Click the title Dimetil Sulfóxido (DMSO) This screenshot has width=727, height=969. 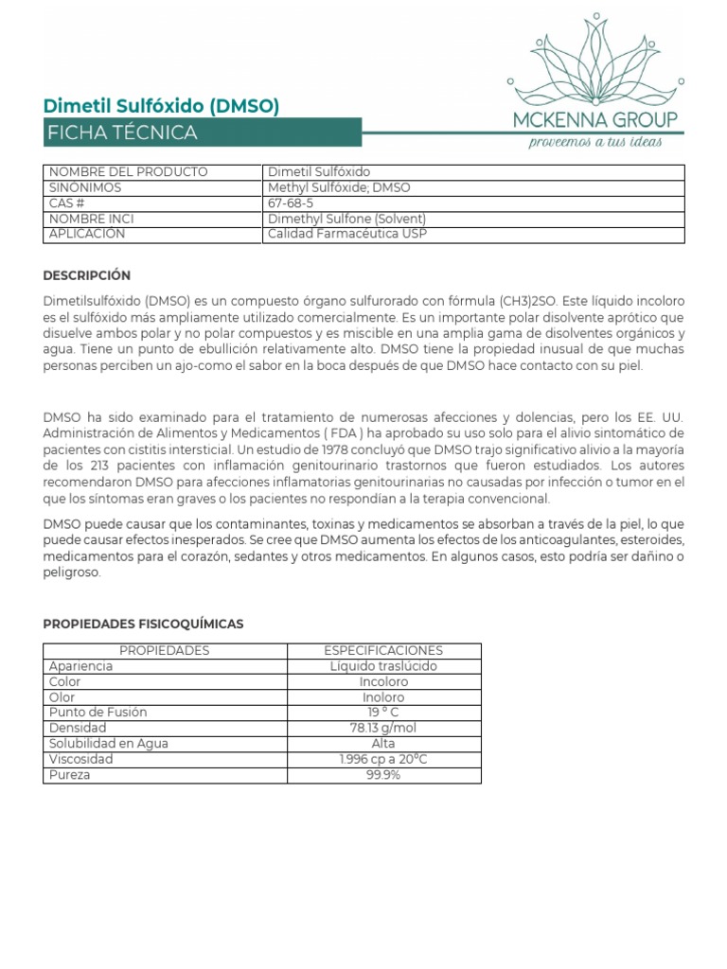pos(162,105)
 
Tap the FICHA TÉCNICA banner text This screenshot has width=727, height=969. pos(123,133)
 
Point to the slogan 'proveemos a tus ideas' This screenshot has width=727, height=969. pos(594,142)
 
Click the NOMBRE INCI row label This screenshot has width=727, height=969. pos(91,219)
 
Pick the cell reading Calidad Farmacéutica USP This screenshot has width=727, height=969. pos(346,234)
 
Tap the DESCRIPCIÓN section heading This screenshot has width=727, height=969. pos(87,275)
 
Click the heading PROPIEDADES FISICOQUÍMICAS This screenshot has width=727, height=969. pos(143,625)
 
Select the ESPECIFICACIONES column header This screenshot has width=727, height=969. pos(383,651)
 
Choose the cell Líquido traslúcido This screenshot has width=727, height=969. pos(383,666)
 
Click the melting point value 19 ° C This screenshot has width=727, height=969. pos(383,713)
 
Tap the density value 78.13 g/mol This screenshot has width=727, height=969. pos(383,728)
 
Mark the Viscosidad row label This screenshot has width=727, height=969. pos(80,759)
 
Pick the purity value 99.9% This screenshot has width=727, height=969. pos(383,775)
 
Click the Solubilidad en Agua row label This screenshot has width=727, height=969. pos(108,744)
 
